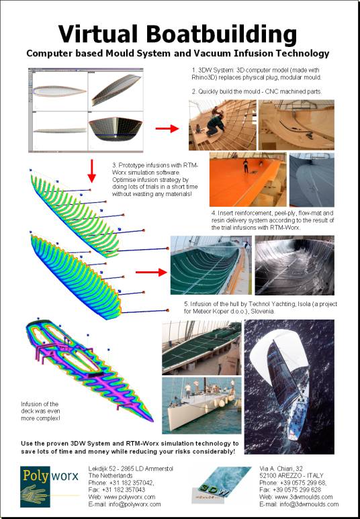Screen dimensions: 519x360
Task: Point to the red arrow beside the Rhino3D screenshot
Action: click(x=167, y=128)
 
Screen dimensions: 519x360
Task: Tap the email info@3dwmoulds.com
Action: click(x=300, y=504)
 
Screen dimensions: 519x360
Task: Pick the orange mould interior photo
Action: click(x=248, y=179)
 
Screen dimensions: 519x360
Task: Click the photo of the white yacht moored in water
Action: click(x=201, y=405)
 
